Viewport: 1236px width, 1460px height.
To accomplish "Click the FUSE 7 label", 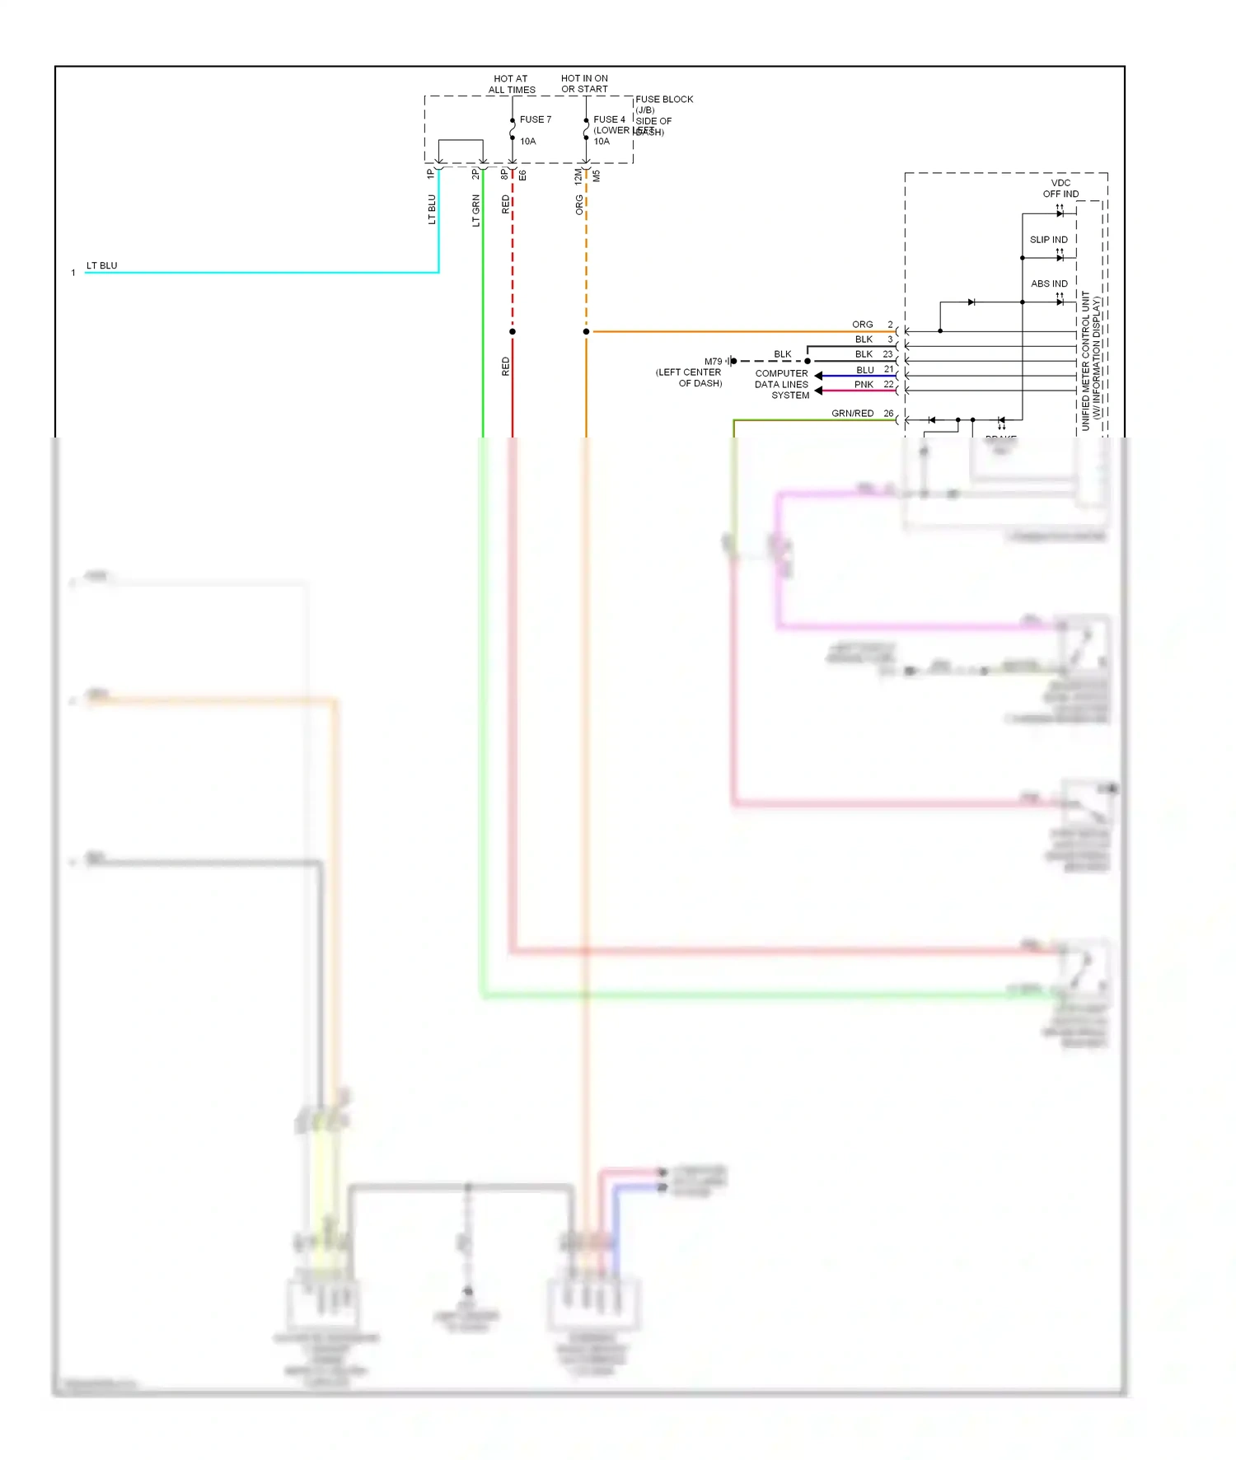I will click(535, 119).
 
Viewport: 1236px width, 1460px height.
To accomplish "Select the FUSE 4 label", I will click(609, 119).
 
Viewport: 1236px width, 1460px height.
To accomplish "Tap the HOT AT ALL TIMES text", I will click(512, 84).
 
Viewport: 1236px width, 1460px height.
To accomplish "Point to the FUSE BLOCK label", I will click(664, 100).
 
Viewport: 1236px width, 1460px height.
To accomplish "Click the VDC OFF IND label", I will click(1060, 189).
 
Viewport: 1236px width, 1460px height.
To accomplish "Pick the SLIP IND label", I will click(1048, 240).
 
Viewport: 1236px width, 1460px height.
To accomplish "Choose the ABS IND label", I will click(1049, 283).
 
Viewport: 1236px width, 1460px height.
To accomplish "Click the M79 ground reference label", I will click(713, 362).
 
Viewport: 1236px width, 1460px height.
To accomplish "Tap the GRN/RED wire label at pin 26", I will click(852, 414).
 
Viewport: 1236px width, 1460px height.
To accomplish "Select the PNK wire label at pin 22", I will click(864, 385).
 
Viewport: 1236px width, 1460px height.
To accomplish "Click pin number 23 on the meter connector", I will click(887, 354).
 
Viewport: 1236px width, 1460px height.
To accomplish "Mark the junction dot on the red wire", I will click(513, 332).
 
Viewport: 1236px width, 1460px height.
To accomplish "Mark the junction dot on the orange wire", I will click(587, 332).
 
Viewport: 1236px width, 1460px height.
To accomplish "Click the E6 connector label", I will click(522, 175).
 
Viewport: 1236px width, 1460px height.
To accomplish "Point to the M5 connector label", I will click(597, 175).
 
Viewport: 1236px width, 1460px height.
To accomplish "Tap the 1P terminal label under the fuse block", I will click(430, 175).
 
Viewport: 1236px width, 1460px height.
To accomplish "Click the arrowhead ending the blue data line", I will click(818, 376).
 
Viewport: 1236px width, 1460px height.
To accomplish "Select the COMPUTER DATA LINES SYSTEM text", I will click(782, 385).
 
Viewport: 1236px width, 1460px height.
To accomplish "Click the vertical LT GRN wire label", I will click(475, 210).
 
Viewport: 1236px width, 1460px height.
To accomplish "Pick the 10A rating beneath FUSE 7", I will click(527, 142).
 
